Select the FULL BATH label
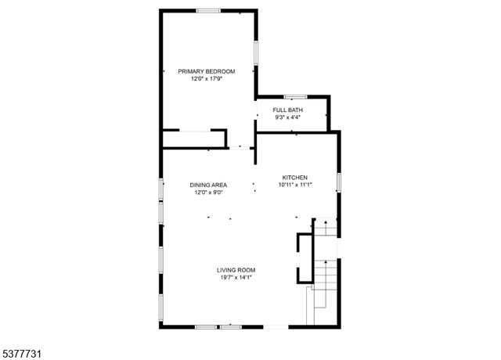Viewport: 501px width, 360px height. click(287, 110)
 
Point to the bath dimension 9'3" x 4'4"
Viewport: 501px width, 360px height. click(287, 118)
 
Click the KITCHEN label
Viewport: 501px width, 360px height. click(295, 178)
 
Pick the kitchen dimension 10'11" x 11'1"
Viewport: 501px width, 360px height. click(295, 185)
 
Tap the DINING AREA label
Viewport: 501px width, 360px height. click(209, 185)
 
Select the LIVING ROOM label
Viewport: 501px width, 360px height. click(236, 270)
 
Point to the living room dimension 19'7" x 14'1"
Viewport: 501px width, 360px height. click(236, 278)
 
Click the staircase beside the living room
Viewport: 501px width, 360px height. click(325, 274)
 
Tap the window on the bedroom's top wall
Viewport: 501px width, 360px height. click(207, 10)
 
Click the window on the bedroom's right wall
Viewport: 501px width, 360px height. click(255, 52)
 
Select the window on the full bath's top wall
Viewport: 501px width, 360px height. click(294, 96)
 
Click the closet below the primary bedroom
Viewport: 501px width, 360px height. click(193, 139)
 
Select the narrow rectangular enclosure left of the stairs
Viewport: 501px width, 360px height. click(303, 259)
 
